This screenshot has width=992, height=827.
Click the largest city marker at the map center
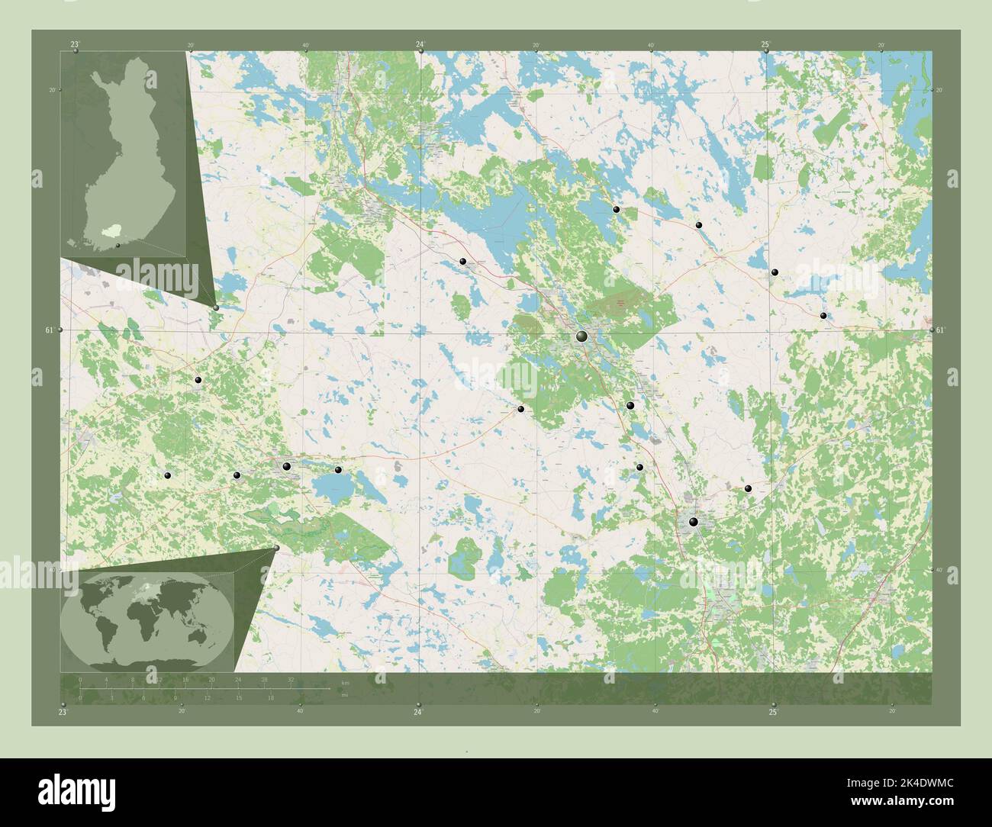[x=581, y=336]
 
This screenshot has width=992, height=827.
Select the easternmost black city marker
[x=823, y=315]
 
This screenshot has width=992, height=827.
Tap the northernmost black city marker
[x=616, y=209]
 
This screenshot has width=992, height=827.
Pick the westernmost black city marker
[x=168, y=475]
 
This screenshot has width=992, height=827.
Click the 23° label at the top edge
[x=75, y=45]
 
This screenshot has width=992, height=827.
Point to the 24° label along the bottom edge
[x=418, y=712]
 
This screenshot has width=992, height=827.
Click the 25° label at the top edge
[x=765, y=45]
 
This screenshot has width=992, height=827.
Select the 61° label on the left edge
[x=50, y=330]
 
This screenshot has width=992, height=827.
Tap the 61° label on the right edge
[x=940, y=330]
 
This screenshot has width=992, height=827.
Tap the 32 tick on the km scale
[x=291, y=679]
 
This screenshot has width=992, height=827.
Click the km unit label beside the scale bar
[x=345, y=683]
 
